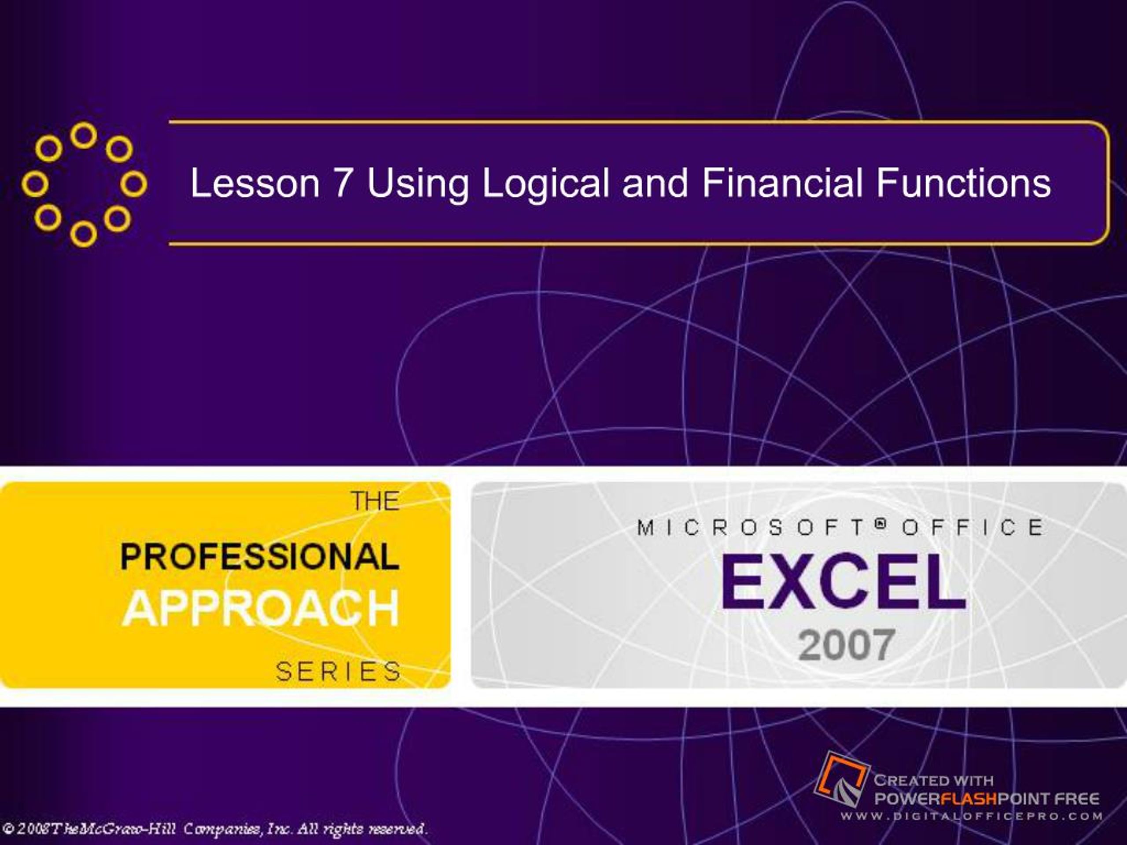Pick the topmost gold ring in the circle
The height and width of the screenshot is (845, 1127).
pyautogui.click(x=84, y=135)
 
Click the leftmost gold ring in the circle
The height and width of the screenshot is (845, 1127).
pyautogui.click(x=35, y=184)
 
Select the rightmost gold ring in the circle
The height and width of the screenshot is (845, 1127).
pyautogui.click(x=133, y=184)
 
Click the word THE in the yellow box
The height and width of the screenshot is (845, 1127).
pyautogui.click(x=375, y=501)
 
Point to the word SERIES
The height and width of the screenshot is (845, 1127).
pyautogui.click(x=338, y=671)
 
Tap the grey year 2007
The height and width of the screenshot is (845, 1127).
pyautogui.click(x=846, y=645)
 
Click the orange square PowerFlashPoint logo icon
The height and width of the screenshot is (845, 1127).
pyautogui.click(x=841, y=779)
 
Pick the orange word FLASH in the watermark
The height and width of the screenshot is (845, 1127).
pyautogui.click(x=969, y=798)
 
